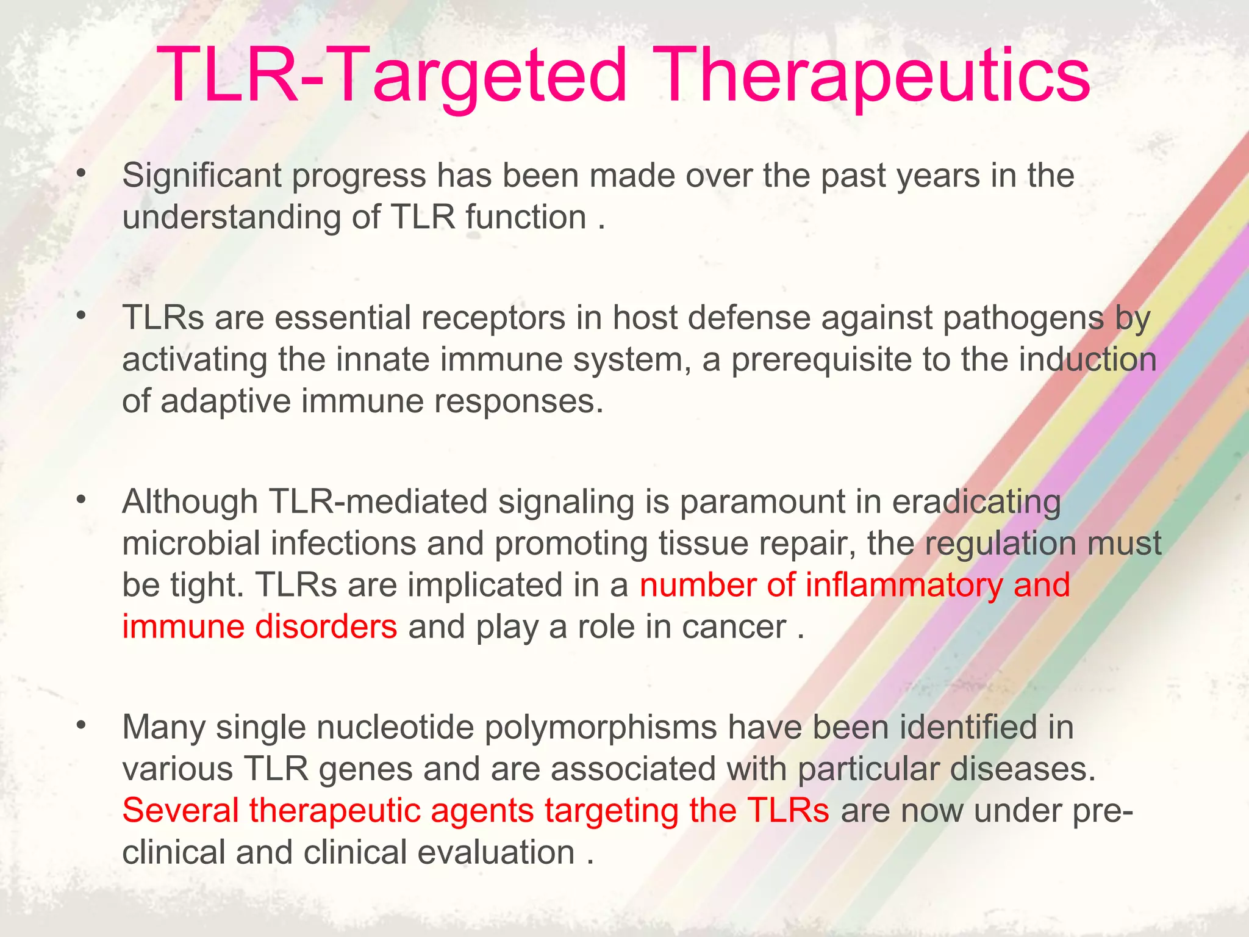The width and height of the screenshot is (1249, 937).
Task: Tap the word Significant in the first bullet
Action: click(x=201, y=176)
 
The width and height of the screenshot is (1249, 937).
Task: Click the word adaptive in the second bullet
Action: click(x=226, y=402)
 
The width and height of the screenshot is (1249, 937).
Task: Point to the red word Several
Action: click(x=181, y=811)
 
